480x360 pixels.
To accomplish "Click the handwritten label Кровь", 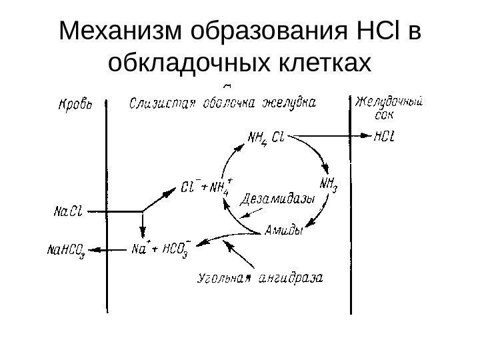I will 76,105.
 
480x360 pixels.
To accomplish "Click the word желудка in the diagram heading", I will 287,104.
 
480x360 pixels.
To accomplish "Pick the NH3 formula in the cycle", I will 329,181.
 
